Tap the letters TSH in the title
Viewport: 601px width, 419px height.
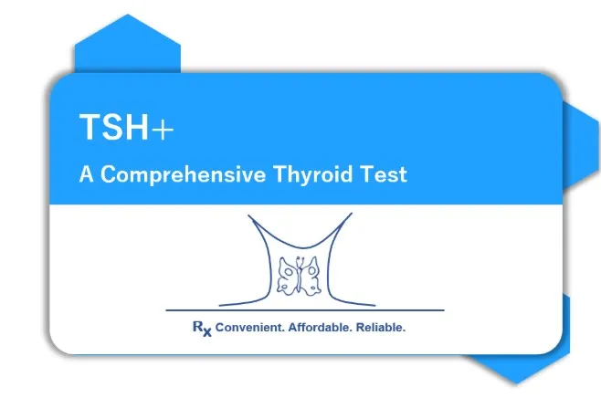click(x=114, y=127)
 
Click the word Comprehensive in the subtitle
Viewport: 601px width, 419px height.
click(x=184, y=174)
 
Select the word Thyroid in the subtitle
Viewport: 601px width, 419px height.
click(x=312, y=174)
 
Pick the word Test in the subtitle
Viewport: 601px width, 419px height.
click(x=384, y=174)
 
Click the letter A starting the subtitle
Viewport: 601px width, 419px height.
click(x=86, y=174)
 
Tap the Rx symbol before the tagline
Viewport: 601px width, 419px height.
click(x=202, y=329)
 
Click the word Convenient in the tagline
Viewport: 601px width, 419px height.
click(x=249, y=328)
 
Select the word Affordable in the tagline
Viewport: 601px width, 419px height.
click(x=320, y=328)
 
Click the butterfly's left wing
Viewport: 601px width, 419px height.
click(x=287, y=277)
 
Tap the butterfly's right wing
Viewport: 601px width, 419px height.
click(x=311, y=276)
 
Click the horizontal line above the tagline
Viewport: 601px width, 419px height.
click(x=305, y=310)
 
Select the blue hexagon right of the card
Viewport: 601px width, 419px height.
click(x=581, y=146)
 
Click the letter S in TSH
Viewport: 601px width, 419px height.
click(x=113, y=127)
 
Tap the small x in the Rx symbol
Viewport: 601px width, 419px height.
click(x=207, y=332)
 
